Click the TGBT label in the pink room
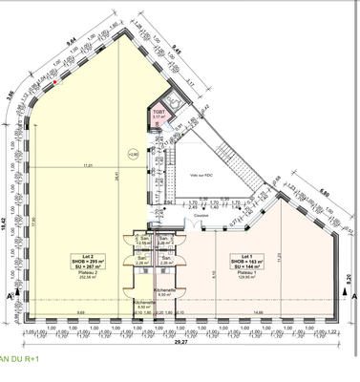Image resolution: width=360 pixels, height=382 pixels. coord(159,113)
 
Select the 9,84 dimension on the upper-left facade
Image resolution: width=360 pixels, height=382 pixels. coord(69,42)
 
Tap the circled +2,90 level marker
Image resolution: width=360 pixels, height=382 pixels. coord(133,153)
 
